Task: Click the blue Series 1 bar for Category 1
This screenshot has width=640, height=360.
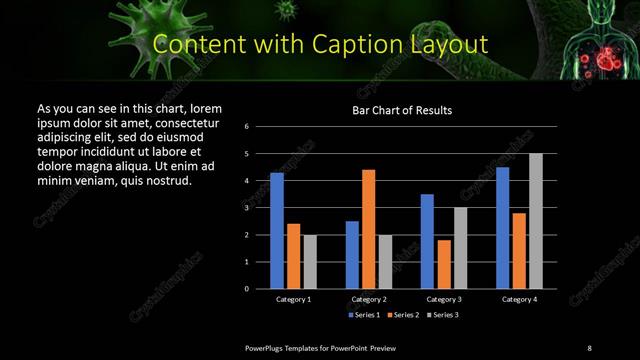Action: click(277, 231)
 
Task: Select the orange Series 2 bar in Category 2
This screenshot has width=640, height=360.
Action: click(369, 229)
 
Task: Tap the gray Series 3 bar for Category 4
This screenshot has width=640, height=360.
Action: click(536, 221)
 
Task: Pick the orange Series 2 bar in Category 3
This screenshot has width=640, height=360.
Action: click(444, 264)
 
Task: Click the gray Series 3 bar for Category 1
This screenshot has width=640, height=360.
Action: click(310, 262)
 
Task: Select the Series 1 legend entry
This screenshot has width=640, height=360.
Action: click(362, 314)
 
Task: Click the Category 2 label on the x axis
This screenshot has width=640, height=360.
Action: click(369, 298)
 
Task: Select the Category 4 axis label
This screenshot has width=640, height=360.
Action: click(519, 298)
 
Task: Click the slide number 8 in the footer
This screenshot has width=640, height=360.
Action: click(589, 347)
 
